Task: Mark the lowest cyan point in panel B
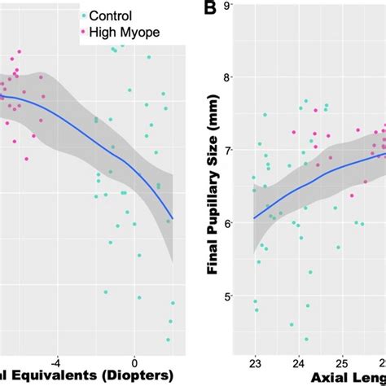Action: tap(307, 339)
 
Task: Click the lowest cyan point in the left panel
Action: tap(169, 340)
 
